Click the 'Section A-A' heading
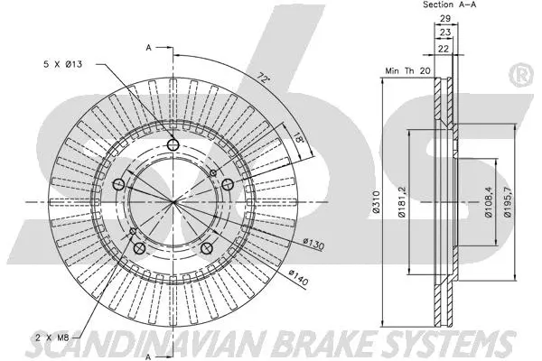[x=451, y=5]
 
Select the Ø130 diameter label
[x=313, y=244]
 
